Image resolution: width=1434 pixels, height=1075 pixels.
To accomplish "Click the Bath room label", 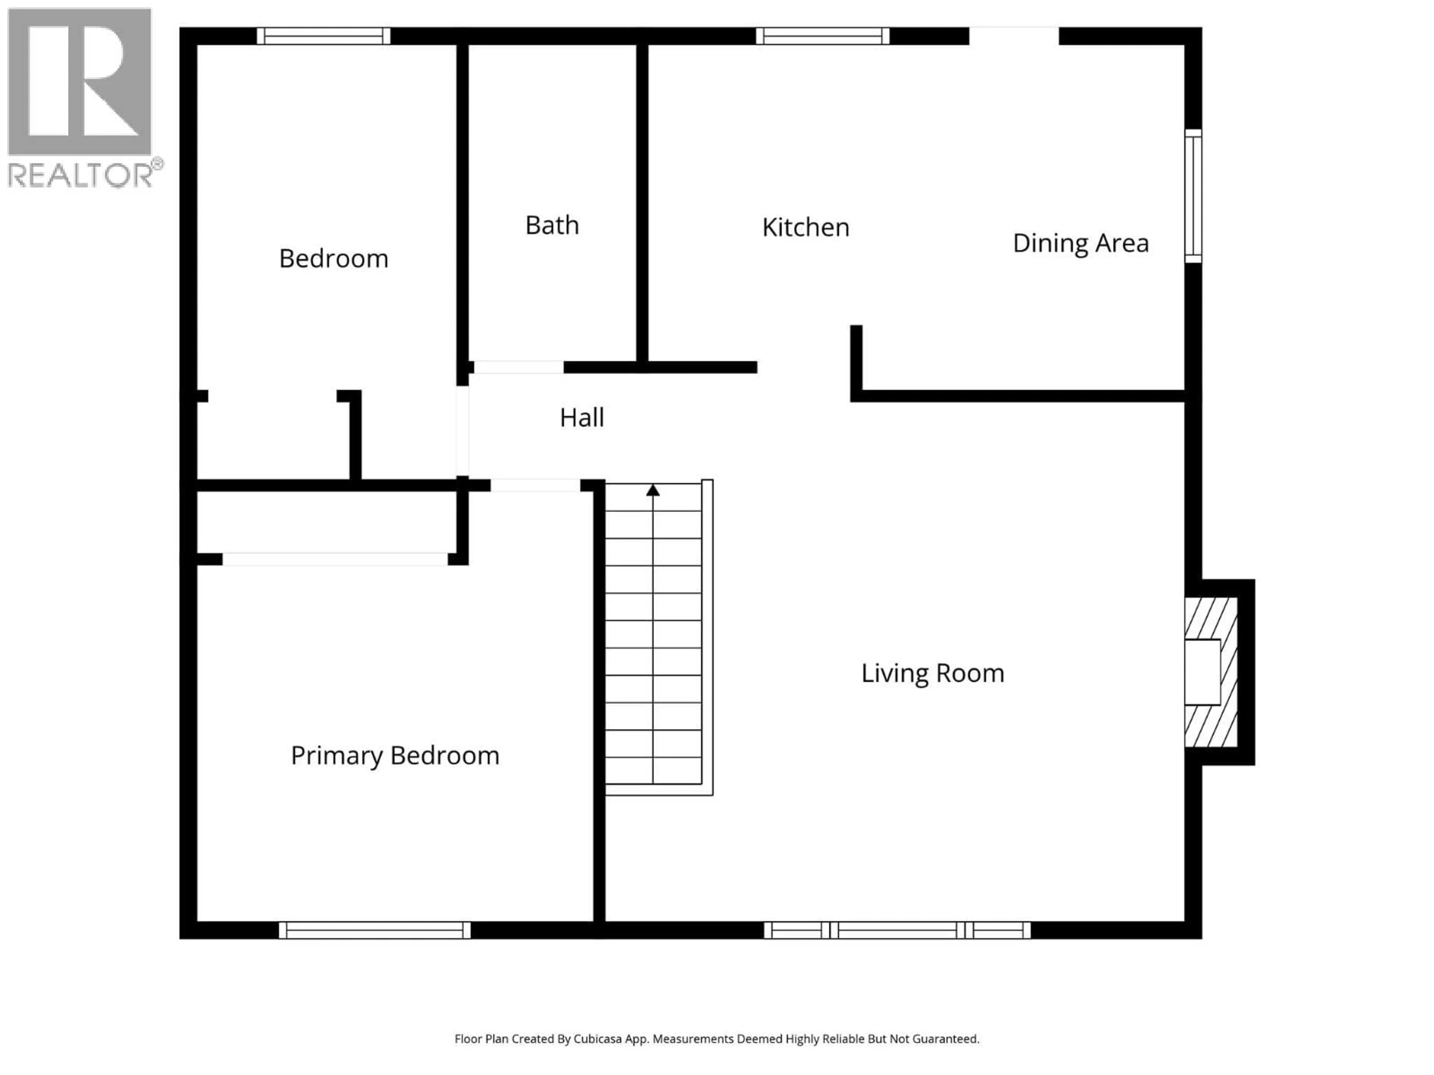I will (x=552, y=225).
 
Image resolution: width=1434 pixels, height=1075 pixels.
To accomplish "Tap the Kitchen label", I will (x=805, y=227).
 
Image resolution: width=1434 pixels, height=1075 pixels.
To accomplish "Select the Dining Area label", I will (x=1080, y=243).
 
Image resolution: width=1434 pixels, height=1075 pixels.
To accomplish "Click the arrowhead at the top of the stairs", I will (x=653, y=490).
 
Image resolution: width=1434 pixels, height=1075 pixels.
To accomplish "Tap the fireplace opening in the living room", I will (x=1202, y=672).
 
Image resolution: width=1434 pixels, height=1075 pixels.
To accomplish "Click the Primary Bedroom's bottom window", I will (x=375, y=930).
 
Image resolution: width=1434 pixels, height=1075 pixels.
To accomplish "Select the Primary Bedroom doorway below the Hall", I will (x=535, y=485).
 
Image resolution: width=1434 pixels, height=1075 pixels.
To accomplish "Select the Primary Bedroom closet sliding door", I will (x=335, y=559).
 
